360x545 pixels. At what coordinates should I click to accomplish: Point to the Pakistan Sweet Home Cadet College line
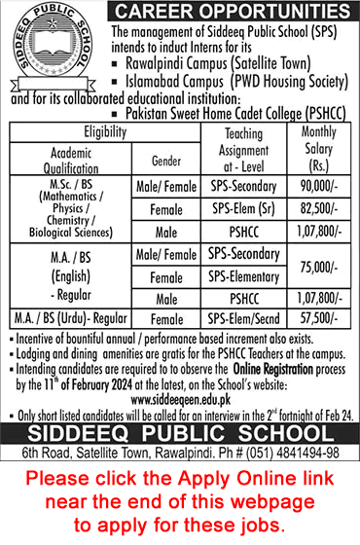pyautogui.click(x=229, y=113)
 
